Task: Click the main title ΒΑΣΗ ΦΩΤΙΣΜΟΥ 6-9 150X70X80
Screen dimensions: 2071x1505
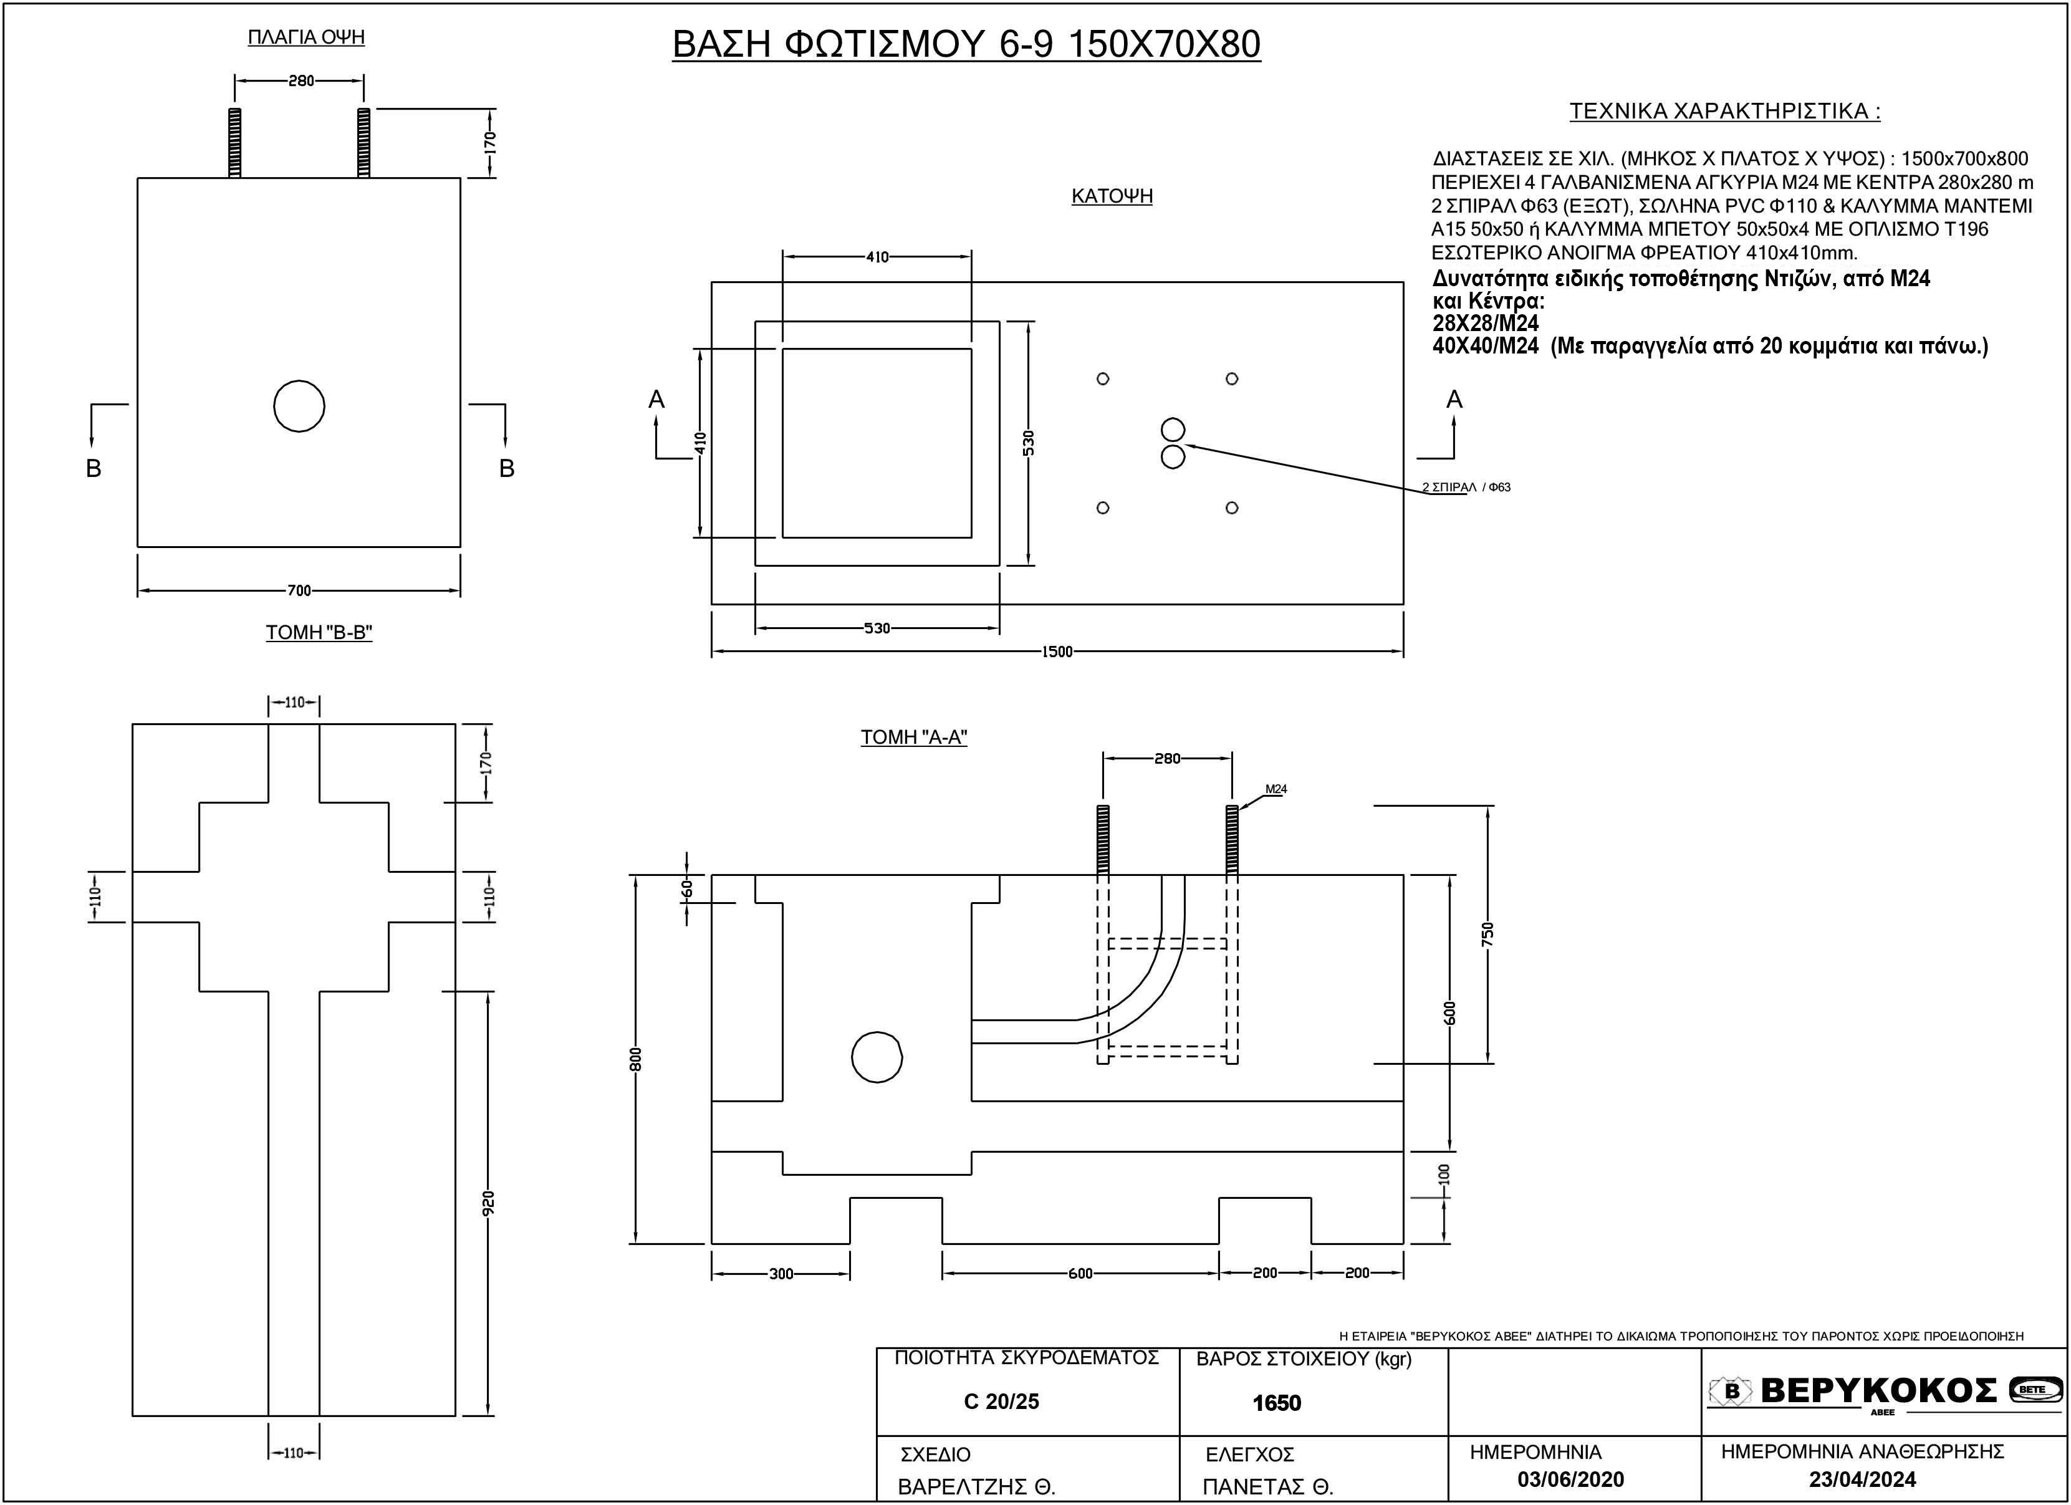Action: (x=966, y=44)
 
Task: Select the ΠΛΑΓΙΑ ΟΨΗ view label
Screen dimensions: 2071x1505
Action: (x=306, y=37)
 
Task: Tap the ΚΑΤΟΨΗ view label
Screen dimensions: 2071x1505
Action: (x=1112, y=196)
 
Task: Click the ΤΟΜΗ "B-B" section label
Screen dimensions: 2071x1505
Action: (x=319, y=632)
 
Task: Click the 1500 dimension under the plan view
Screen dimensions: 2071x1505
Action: (x=1057, y=652)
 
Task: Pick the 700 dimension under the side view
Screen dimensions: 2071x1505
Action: (x=299, y=591)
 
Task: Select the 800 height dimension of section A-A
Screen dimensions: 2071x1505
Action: (x=637, y=1059)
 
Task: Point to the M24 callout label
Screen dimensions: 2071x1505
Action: (x=1276, y=789)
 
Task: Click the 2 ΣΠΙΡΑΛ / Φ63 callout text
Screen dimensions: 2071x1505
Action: (x=1466, y=488)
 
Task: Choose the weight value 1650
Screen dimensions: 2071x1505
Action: (x=1277, y=1403)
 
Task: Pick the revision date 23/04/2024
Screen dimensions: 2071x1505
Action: (x=1862, y=1479)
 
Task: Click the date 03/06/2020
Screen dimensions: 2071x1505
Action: (x=1570, y=1479)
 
